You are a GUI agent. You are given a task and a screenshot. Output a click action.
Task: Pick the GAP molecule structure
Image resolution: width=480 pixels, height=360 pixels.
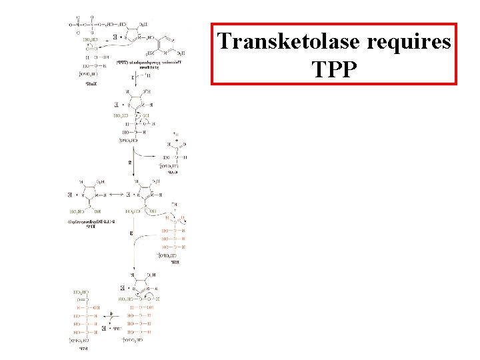175,150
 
